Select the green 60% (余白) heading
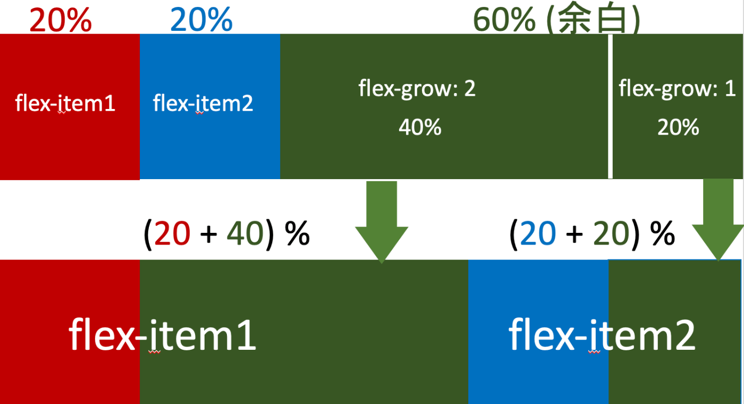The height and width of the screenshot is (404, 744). (x=556, y=20)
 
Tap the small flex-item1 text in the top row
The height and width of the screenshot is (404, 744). (x=65, y=103)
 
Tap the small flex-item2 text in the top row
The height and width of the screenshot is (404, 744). (x=203, y=103)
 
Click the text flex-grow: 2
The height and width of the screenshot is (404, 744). (x=417, y=88)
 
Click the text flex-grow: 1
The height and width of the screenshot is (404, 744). (x=677, y=88)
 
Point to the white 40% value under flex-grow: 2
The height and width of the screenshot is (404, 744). (x=420, y=128)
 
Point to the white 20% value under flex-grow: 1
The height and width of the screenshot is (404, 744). (x=678, y=128)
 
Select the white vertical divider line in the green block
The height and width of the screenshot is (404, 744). (x=610, y=106)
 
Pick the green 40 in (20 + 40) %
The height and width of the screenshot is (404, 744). (x=245, y=234)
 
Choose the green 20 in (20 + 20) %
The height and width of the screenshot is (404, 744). (x=611, y=234)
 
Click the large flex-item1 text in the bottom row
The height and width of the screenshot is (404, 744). (x=163, y=335)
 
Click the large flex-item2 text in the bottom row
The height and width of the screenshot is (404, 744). (x=602, y=335)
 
